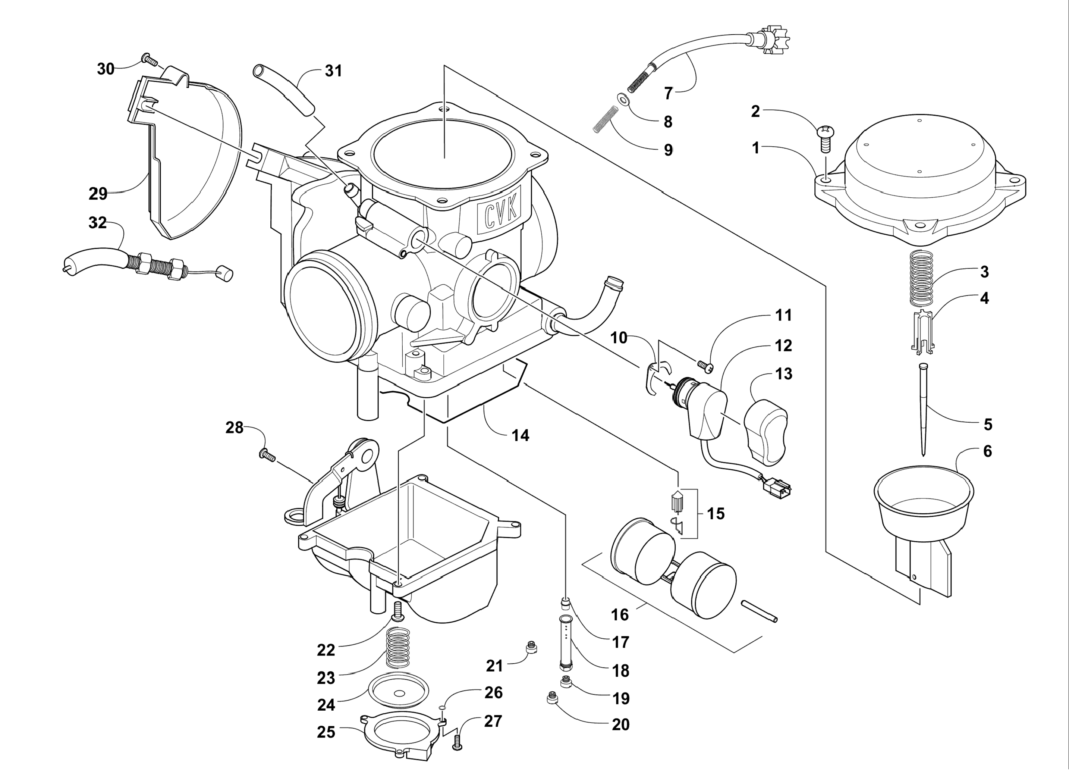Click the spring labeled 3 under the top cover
click(x=921, y=278)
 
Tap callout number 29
click(x=98, y=193)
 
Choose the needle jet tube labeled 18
click(x=566, y=643)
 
